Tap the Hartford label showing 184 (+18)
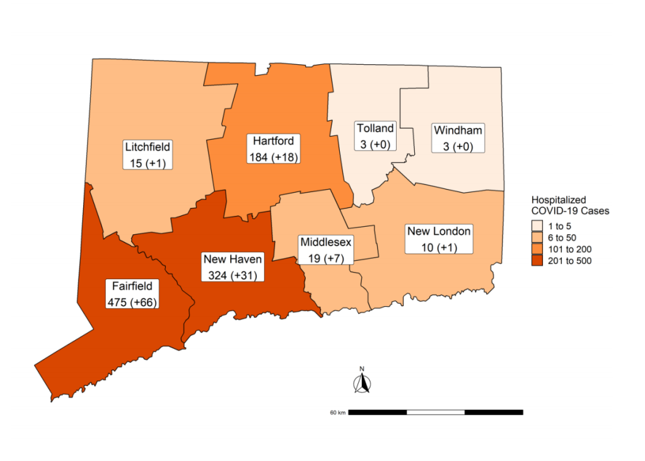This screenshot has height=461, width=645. [273, 149]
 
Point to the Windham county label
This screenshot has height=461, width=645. [458, 138]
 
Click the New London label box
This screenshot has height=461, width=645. [439, 239]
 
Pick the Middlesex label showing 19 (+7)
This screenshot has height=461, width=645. [326, 249]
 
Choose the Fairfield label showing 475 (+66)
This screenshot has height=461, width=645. [132, 294]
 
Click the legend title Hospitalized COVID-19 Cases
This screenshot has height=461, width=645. [569, 205]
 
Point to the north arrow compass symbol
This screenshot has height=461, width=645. [362, 384]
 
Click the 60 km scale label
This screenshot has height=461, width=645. [337, 413]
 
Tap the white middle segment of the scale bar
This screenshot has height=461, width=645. [436, 412]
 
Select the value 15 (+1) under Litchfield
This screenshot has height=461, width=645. [148, 162]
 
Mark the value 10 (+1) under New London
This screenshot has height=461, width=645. [439, 246]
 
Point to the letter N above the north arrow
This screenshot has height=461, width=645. [362, 369]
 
